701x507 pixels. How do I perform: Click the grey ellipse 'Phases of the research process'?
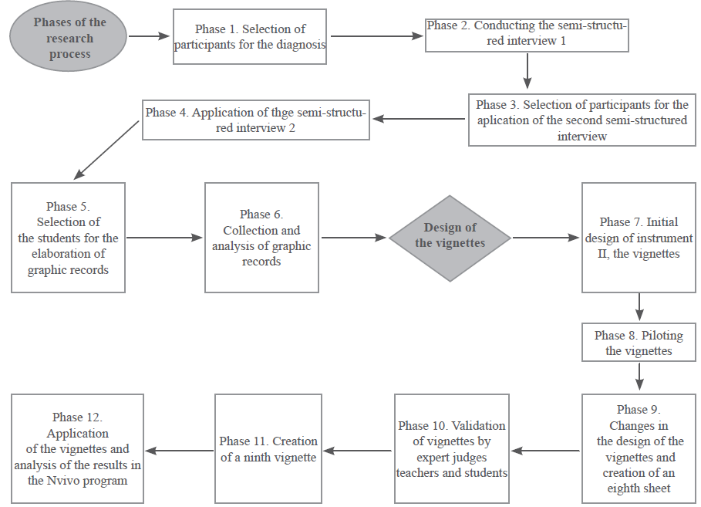coord(70,38)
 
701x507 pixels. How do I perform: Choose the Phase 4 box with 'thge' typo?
coord(257,120)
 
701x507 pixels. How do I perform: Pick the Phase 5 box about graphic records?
coord(68,238)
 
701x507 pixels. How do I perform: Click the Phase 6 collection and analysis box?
coord(261,238)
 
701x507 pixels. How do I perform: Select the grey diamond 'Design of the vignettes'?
coord(450,235)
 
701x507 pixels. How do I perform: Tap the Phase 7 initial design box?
coord(639,238)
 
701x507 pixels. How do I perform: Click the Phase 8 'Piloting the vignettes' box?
coord(639,343)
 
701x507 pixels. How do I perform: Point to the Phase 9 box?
coord(639,448)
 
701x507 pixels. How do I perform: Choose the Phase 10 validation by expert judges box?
coord(451,448)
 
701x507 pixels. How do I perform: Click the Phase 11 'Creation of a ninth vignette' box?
coord(268,448)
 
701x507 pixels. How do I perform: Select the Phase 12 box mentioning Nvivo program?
coord(77,448)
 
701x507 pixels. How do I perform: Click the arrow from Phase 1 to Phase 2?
coord(376,35)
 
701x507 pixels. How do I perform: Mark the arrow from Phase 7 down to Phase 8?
coord(639,306)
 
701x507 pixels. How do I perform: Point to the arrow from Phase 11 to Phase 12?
coord(179,451)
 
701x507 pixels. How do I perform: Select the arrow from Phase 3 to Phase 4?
coord(420,119)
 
